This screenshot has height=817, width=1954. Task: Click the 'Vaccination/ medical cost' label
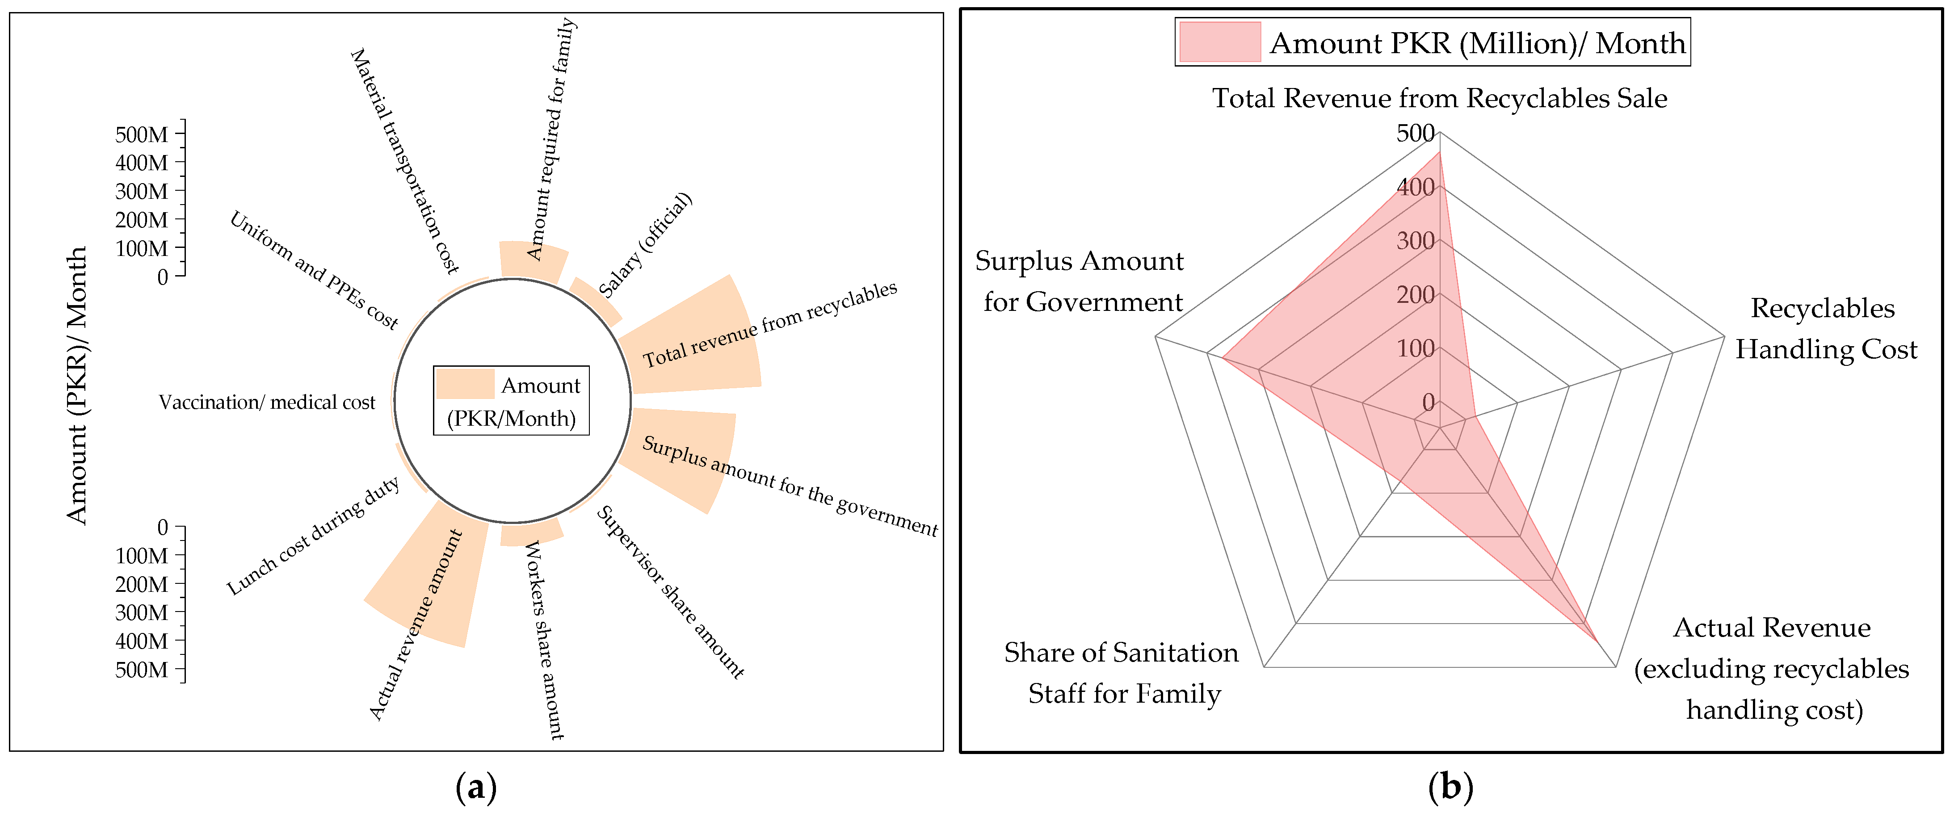pos(267,402)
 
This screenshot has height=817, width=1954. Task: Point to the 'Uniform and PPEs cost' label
pos(314,271)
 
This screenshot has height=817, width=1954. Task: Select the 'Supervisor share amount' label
pos(670,592)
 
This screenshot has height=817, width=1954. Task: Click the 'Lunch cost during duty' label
pos(313,536)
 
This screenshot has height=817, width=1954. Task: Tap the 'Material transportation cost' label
pos(404,161)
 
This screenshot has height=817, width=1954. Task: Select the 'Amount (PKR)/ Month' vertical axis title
pos(77,385)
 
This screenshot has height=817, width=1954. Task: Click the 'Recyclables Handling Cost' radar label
pos(1825,328)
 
